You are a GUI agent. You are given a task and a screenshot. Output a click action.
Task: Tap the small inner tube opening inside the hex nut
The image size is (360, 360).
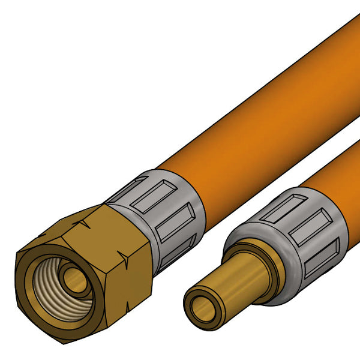click(75, 280)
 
